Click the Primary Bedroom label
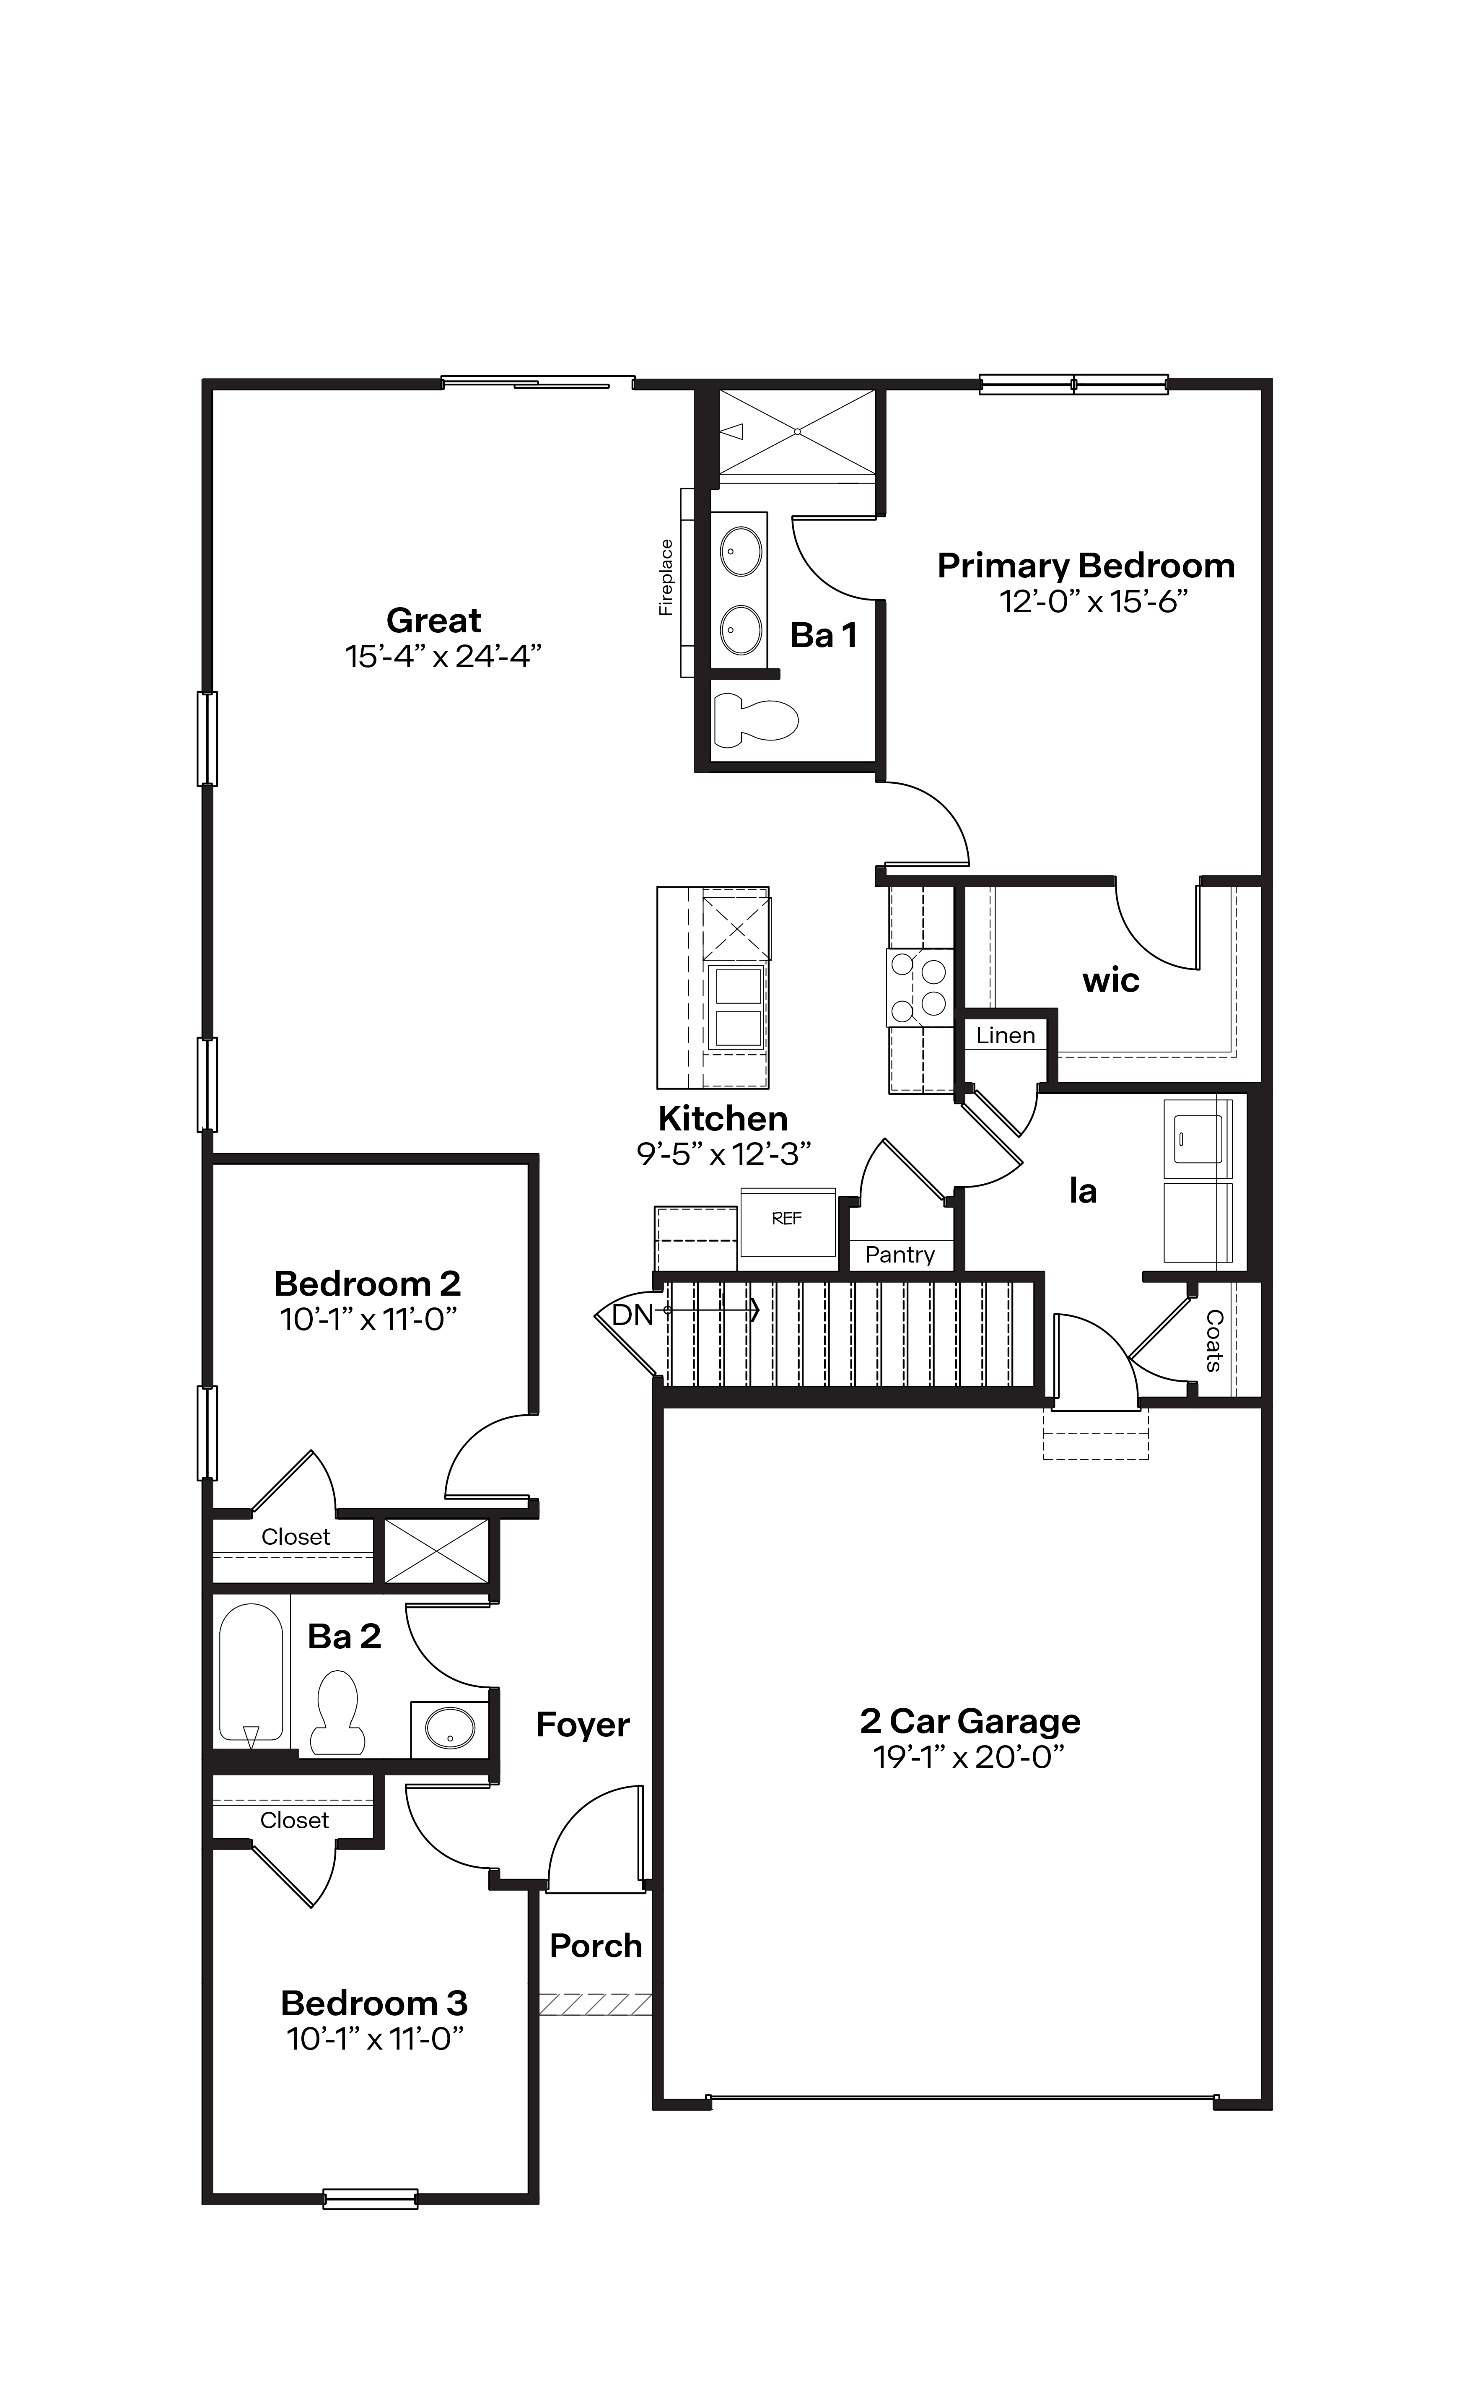click(1085, 566)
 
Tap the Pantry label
click(899, 1255)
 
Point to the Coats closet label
click(1213, 1341)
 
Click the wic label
click(1111, 980)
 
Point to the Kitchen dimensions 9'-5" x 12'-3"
click(723, 1154)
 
